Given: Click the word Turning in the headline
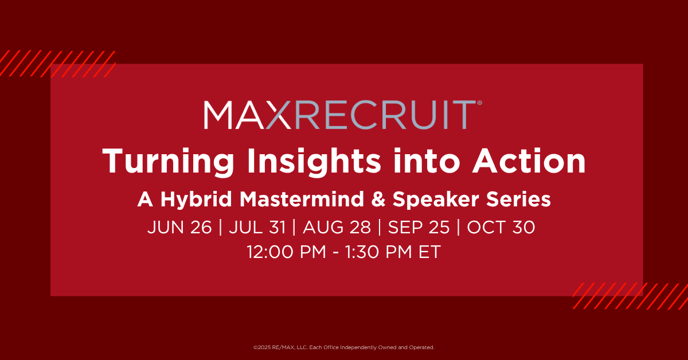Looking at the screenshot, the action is click(168, 162).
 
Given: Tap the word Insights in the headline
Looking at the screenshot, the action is click(314, 162).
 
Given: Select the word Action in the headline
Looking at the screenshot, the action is click(529, 161).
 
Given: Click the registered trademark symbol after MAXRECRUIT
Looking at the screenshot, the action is click(479, 103).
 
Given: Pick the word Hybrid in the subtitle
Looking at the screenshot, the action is click(196, 199).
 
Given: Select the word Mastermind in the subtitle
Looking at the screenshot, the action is click(302, 199).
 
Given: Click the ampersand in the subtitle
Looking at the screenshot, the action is click(378, 199).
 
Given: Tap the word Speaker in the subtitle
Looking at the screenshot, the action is click(436, 200).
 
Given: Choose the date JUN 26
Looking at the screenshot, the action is click(179, 228).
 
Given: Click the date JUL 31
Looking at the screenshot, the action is click(257, 228).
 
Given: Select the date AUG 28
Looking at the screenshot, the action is click(337, 228).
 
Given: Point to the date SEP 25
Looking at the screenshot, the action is click(419, 228).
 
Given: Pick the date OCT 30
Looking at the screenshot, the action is click(501, 228).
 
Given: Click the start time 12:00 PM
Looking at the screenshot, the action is click(286, 252).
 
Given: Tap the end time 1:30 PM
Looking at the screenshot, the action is click(378, 252).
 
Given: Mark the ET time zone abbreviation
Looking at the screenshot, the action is click(429, 252).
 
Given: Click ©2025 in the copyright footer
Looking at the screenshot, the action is click(262, 347).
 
